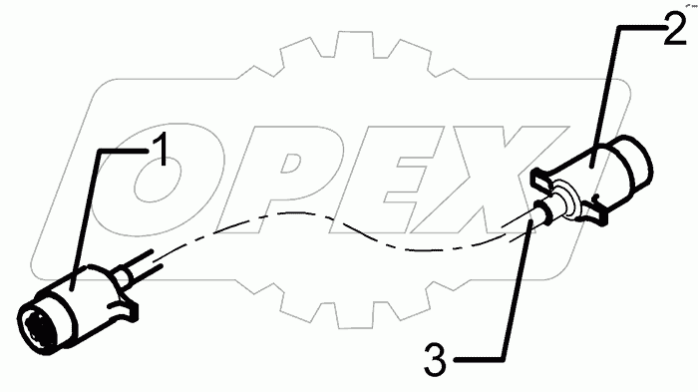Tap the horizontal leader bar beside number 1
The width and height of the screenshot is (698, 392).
[124, 151]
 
